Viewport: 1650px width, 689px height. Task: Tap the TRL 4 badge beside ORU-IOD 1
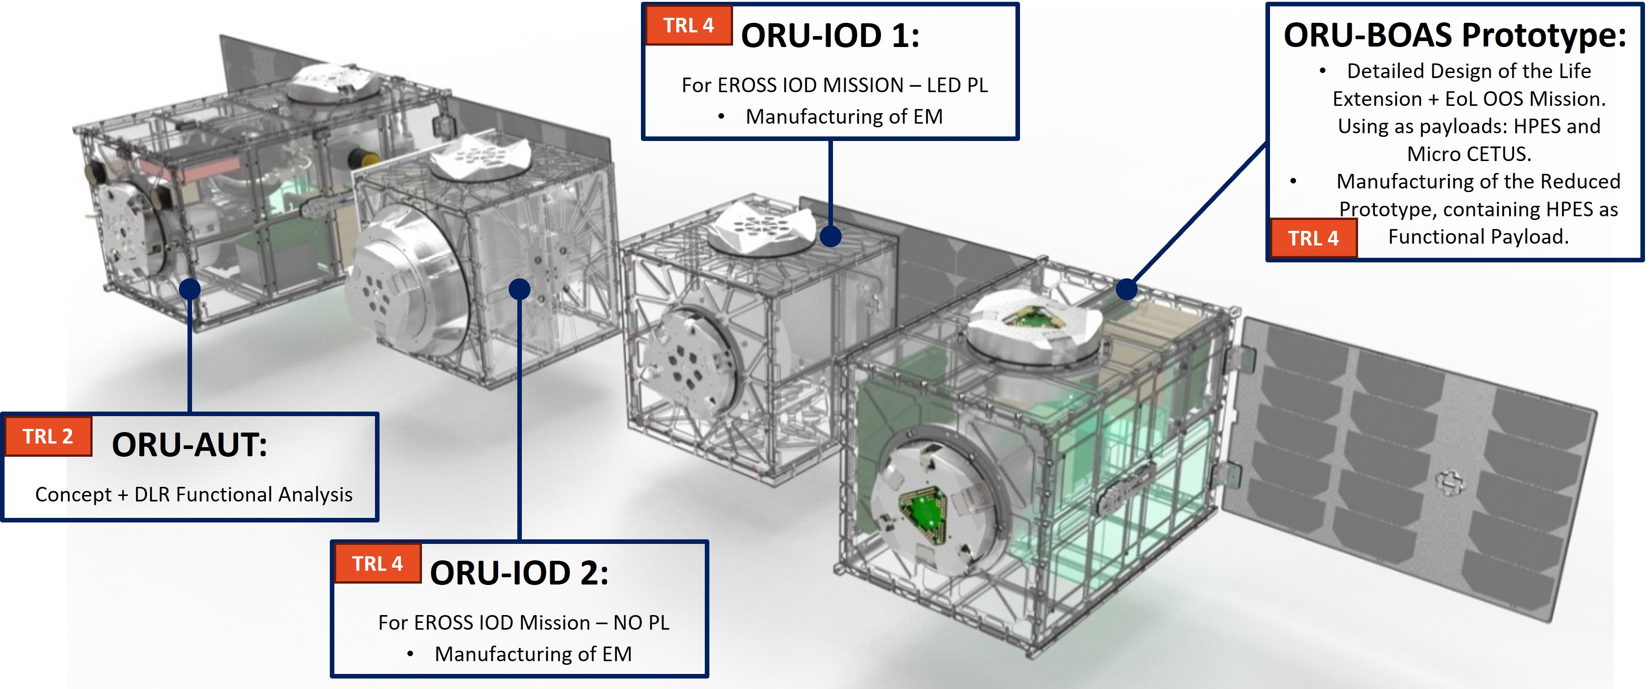[x=688, y=26]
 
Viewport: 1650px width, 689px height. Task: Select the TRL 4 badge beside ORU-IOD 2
[x=377, y=564]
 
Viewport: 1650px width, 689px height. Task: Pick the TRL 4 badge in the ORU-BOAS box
[x=1314, y=239]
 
